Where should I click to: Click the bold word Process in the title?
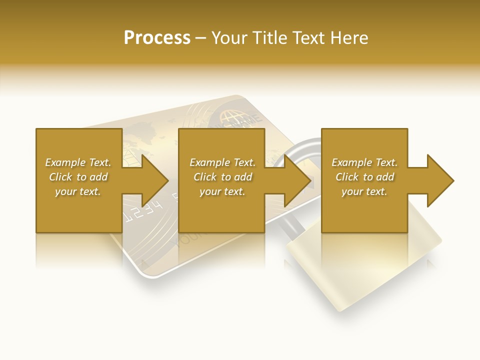click(x=157, y=38)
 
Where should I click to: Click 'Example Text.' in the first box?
click(x=78, y=162)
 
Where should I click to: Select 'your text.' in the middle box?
click(x=222, y=191)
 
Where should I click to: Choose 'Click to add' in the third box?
click(x=364, y=177)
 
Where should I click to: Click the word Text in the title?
click(x=308, y=38)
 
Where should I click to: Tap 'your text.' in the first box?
click(x=78, y=191)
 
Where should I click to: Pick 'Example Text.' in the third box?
click(x=364, y=162)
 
